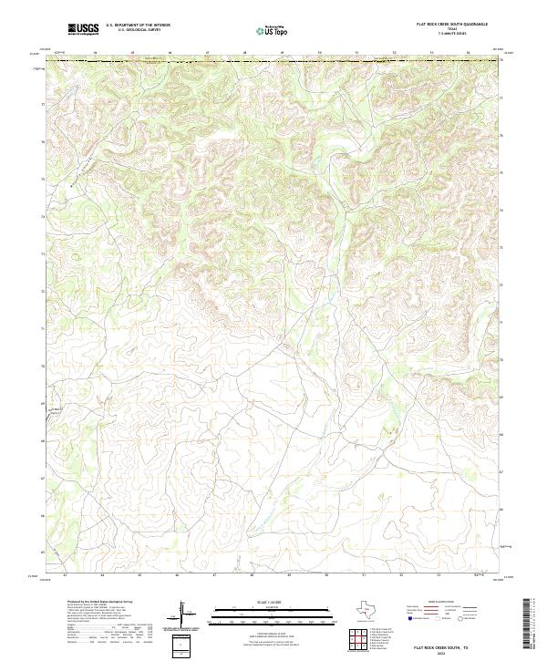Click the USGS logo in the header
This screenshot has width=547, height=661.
(84, 29)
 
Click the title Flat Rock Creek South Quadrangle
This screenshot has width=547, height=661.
(450, 24)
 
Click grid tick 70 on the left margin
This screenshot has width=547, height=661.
(42, 366)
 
